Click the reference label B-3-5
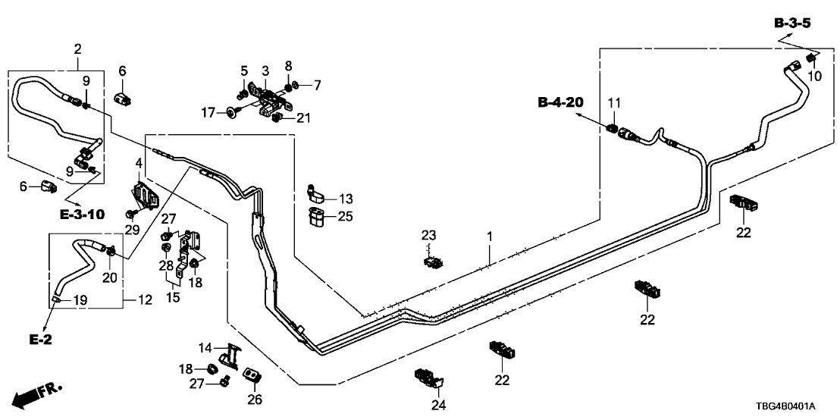coord(793,24)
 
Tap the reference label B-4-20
coord(560,102)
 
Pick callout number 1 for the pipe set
coord(490,237)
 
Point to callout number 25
coord(346,218)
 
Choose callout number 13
coord(346,199)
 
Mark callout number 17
coord(208,113)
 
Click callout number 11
coord(615,102)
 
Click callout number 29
coord(132,229)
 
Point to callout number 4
coord(138,163)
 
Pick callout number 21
coord(304,118)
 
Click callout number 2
coord(77,50)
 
